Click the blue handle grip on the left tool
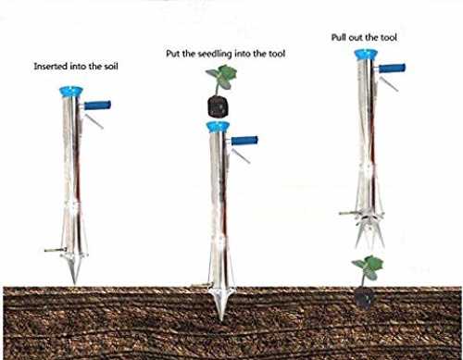click(97, 106)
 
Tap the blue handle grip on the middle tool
click(244, 141)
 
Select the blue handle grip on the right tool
click(392, 68)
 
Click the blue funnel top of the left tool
click(71, 92)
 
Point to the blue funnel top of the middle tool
click(219, 127)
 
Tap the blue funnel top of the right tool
click(366, 55)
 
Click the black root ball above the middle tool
click(219, 106)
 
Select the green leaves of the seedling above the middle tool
click(221, 77)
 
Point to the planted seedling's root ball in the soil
click(366, 298)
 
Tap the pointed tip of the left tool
click(74, 282)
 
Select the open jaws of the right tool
click(369, 231)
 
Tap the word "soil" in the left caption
click(110, 66)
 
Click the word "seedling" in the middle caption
click(215, 54)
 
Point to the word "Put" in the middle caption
click(173, 54)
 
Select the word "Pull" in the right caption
click(339, 38)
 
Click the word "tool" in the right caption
click(388, 38)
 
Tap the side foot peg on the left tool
click(56, 250)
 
